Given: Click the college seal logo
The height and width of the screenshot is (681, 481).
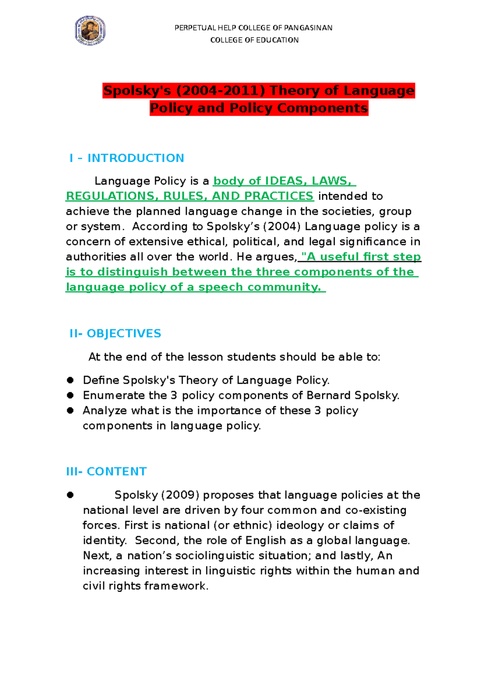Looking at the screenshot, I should pyautogui.click(x=90, y=31).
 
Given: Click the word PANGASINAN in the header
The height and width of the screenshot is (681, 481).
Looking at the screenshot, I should pyautogui.click(x=308, y=28).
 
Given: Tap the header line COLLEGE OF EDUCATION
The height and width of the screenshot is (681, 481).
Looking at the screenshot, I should pyautogui.click(x=254, y=40).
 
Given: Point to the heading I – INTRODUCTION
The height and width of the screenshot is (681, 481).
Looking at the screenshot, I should pyautogui.click(x=127, y=158).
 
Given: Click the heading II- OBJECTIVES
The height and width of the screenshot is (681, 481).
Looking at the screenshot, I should pyautogui.click(x=115, y=334).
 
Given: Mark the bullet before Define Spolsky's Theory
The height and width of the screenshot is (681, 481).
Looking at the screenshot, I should pyautogui.click(x=71, y=380).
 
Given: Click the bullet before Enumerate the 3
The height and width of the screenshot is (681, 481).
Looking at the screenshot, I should pyautogui.click(x=71, y=395).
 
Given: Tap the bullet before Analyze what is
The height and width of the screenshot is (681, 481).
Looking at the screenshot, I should pyautogui.click(x=71, y=410).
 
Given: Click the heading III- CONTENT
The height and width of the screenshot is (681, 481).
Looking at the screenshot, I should pyautogui.click(x=107, y=472).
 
